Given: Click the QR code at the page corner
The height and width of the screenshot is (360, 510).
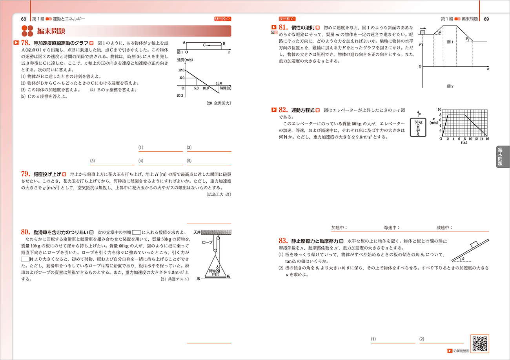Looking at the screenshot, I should click(480, 344).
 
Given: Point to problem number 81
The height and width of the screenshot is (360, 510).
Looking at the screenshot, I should click(284, 28).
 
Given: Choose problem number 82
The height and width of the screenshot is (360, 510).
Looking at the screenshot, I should click(284, 111).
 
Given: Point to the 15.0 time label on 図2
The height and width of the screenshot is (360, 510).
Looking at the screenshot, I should click(219, 83).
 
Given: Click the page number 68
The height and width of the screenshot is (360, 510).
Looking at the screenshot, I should click(24, 19).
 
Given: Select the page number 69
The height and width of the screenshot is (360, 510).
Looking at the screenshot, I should click(486, 19).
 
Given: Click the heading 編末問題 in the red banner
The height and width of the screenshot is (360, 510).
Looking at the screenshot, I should click(51, 31).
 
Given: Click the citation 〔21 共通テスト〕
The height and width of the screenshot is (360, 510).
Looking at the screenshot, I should click(175, 279).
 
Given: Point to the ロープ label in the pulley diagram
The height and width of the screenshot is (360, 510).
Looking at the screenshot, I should click(207, 243).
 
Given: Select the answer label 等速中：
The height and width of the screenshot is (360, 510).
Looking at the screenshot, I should click(392, 227).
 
